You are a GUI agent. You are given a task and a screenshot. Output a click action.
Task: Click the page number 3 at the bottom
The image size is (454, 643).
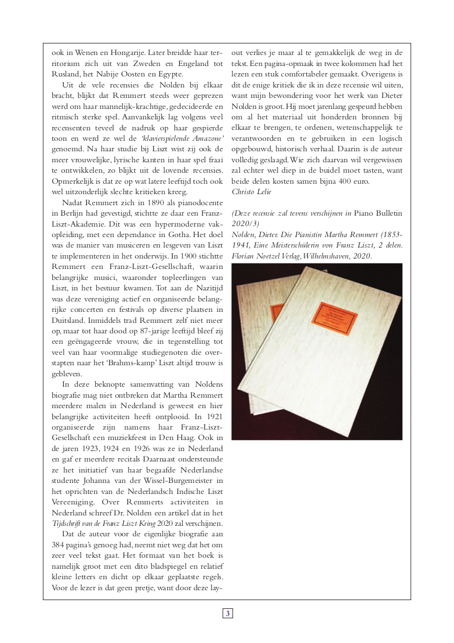pyautogui.click(x=228, y=613)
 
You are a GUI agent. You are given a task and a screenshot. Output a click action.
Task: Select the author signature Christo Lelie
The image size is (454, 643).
pyautogui.click(x=252, y=191)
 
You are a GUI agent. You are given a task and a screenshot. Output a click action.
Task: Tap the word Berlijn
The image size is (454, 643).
pyautogui.click(x=74, y=213)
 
